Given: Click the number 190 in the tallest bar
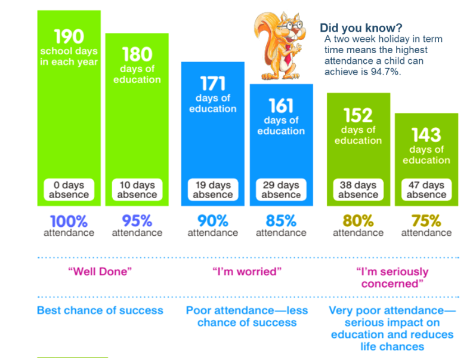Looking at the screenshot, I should [x=69, y=37].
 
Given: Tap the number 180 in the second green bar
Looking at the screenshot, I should [x=137, y=55].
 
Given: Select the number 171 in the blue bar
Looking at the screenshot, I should [x=213, y=83].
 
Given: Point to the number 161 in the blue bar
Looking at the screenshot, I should [x=281, y=106].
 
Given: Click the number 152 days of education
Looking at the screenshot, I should [x=358, y=115].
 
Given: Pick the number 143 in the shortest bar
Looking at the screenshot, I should [x=426, y=134].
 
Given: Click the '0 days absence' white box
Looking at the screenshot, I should [x=69, y=190].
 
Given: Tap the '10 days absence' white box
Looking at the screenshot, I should [x=137, y=190].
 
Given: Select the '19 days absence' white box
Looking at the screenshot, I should [x=213, y=190].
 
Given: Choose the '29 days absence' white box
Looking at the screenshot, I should [x=281, y=190].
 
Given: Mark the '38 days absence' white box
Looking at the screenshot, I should [x=358, y=190].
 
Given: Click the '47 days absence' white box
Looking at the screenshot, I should [x=426, y=190].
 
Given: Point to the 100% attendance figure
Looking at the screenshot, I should [x=69, y=220].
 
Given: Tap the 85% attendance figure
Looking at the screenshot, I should [x=281, y=220].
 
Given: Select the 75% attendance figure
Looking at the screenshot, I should [x=426, y=220].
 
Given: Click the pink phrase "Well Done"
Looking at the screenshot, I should [x=100, y=272].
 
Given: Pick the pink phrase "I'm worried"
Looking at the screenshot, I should [x=246, y=272].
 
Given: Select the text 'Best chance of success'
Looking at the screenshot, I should [x=100, y=310].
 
